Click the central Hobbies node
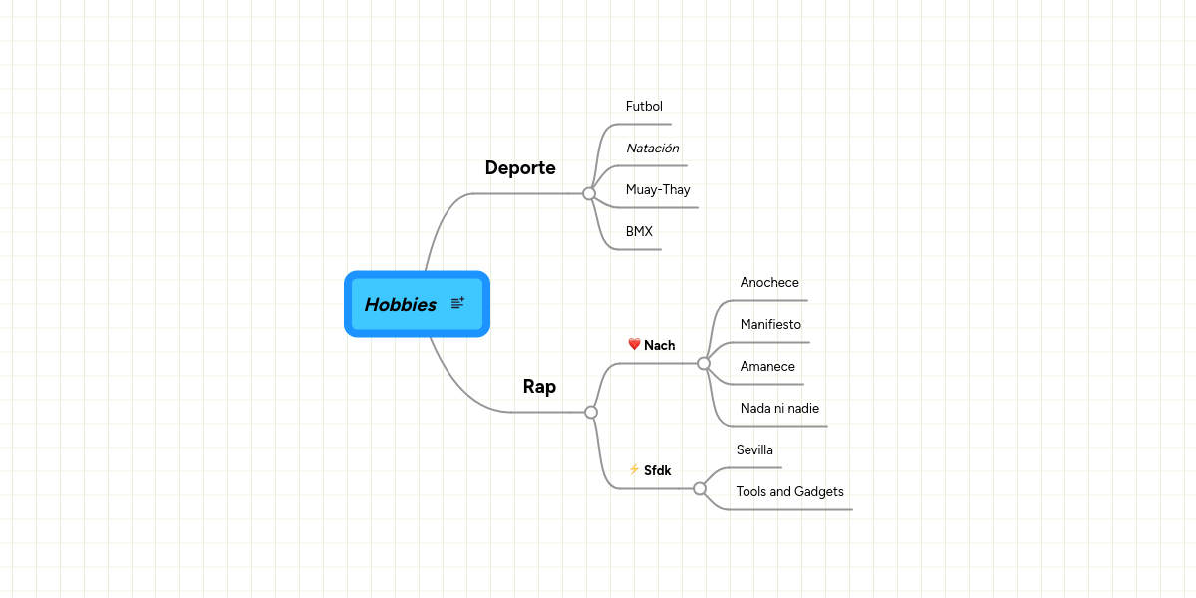click(x=401, y=305)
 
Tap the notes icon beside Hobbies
click(x=458, y=303)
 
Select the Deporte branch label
click(x=520, y=167)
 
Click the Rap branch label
click(x=539, y=387)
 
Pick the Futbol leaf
click(x=644, y=107)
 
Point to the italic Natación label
click(x=652, y=149)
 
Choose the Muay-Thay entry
click(x=658, y=190)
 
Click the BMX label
click(x=639, y=232)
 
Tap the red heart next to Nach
click(x=634, y=345)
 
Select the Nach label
click(x=659, y=346)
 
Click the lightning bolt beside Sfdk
click(x=634, y=469)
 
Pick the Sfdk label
click(x=657, y=470)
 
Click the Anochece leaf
click(x=769, y=283)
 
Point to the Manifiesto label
click(x=770, y=325)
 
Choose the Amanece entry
click(x=767, y=367)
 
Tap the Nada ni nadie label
click(x=779, y=409)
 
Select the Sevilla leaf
click(x=754, y=450)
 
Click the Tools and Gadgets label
click(x=789, y=492)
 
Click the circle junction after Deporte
click(x=589, y=193)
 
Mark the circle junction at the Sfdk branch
click(x=700, y=488)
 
